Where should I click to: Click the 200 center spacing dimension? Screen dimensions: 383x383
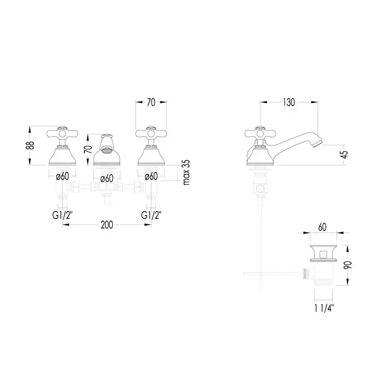(107, 225)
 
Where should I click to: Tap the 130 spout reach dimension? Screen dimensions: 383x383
(289, 102)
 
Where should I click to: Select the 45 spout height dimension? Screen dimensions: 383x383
(344, 154)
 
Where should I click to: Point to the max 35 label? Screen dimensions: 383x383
(186, 172)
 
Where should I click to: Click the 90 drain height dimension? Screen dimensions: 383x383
(348, 265)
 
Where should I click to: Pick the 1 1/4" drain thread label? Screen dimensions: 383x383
(324, 309)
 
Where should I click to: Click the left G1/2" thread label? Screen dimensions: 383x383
(62, 215)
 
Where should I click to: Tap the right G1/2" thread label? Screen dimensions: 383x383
(151, 215)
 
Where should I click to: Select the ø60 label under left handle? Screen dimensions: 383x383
(62, 176)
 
